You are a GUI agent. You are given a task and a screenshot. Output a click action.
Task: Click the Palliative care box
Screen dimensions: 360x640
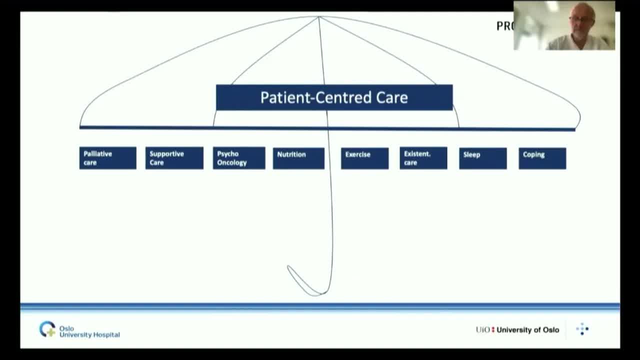(x=107, y=158)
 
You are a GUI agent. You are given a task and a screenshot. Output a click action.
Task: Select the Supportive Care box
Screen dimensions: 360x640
(x=174, y=158)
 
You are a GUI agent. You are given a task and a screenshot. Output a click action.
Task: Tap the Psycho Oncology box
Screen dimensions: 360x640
(x=239, y=158)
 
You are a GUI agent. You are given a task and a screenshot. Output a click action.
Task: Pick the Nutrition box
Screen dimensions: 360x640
(x=298, y=158)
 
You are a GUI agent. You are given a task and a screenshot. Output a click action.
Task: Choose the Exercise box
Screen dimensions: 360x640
(x=364, y=158)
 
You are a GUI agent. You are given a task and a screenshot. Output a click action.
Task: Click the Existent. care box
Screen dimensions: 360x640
(x=423, y=158)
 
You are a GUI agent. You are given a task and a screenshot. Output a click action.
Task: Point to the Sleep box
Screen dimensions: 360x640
(x=482, y=158)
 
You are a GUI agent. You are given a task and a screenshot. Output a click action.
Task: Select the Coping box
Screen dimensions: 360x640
(x=542, y=158)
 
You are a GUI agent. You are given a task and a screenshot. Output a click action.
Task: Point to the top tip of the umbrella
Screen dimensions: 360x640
(x=318, y=17)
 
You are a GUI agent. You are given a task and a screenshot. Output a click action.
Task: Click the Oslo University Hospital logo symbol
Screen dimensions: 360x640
(x=47, y=329)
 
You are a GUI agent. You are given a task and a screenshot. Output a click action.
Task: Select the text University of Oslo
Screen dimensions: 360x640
(x=527, y=330)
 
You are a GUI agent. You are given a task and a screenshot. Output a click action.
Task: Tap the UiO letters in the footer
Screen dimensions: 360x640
(x=483, y=330)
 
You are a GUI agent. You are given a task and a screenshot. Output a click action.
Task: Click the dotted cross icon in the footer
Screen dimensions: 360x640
(x=582, y=329)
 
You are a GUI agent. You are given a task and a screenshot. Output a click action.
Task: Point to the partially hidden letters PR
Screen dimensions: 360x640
(x=504, y=26)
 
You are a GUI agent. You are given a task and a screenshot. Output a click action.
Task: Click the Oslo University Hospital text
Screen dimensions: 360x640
(x=89, y=331)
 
